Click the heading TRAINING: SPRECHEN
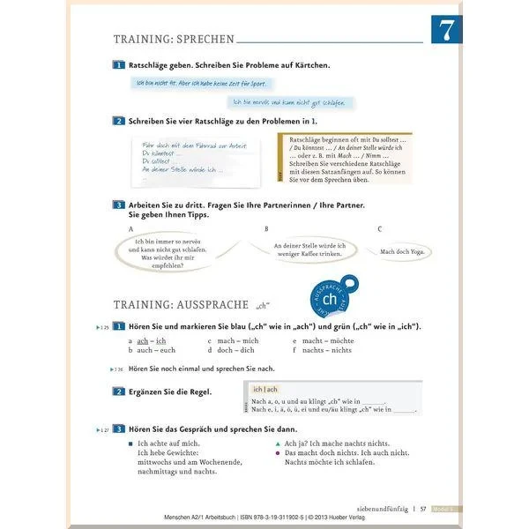[x=174, y=40]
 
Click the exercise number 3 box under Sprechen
[x=119, y=205]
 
